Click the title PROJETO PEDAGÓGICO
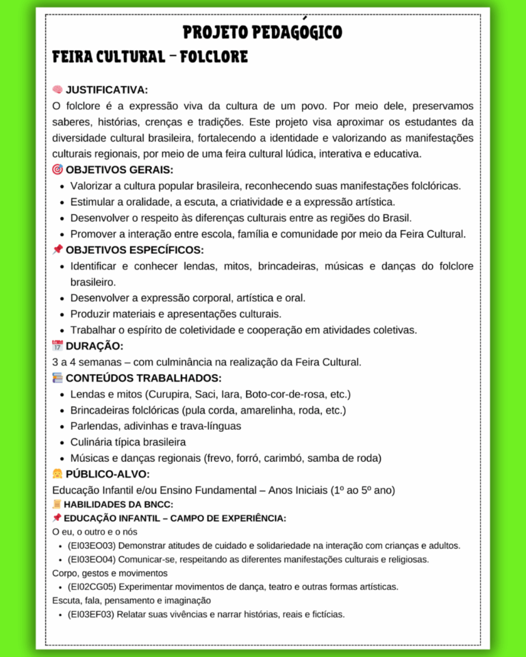tap(262, 32)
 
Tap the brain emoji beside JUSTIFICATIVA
tap(58, 90)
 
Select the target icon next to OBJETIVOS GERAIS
tap(58, 169)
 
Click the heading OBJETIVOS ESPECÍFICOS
tap(134, 250)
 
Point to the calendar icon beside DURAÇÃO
tap(58, 346)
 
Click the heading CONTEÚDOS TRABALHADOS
tap(143, 378)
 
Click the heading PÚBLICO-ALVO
tap(108, 474)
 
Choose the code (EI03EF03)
tap(91, 614)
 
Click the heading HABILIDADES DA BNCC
tap(118, 504)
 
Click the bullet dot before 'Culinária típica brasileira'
tap(62, 442)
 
